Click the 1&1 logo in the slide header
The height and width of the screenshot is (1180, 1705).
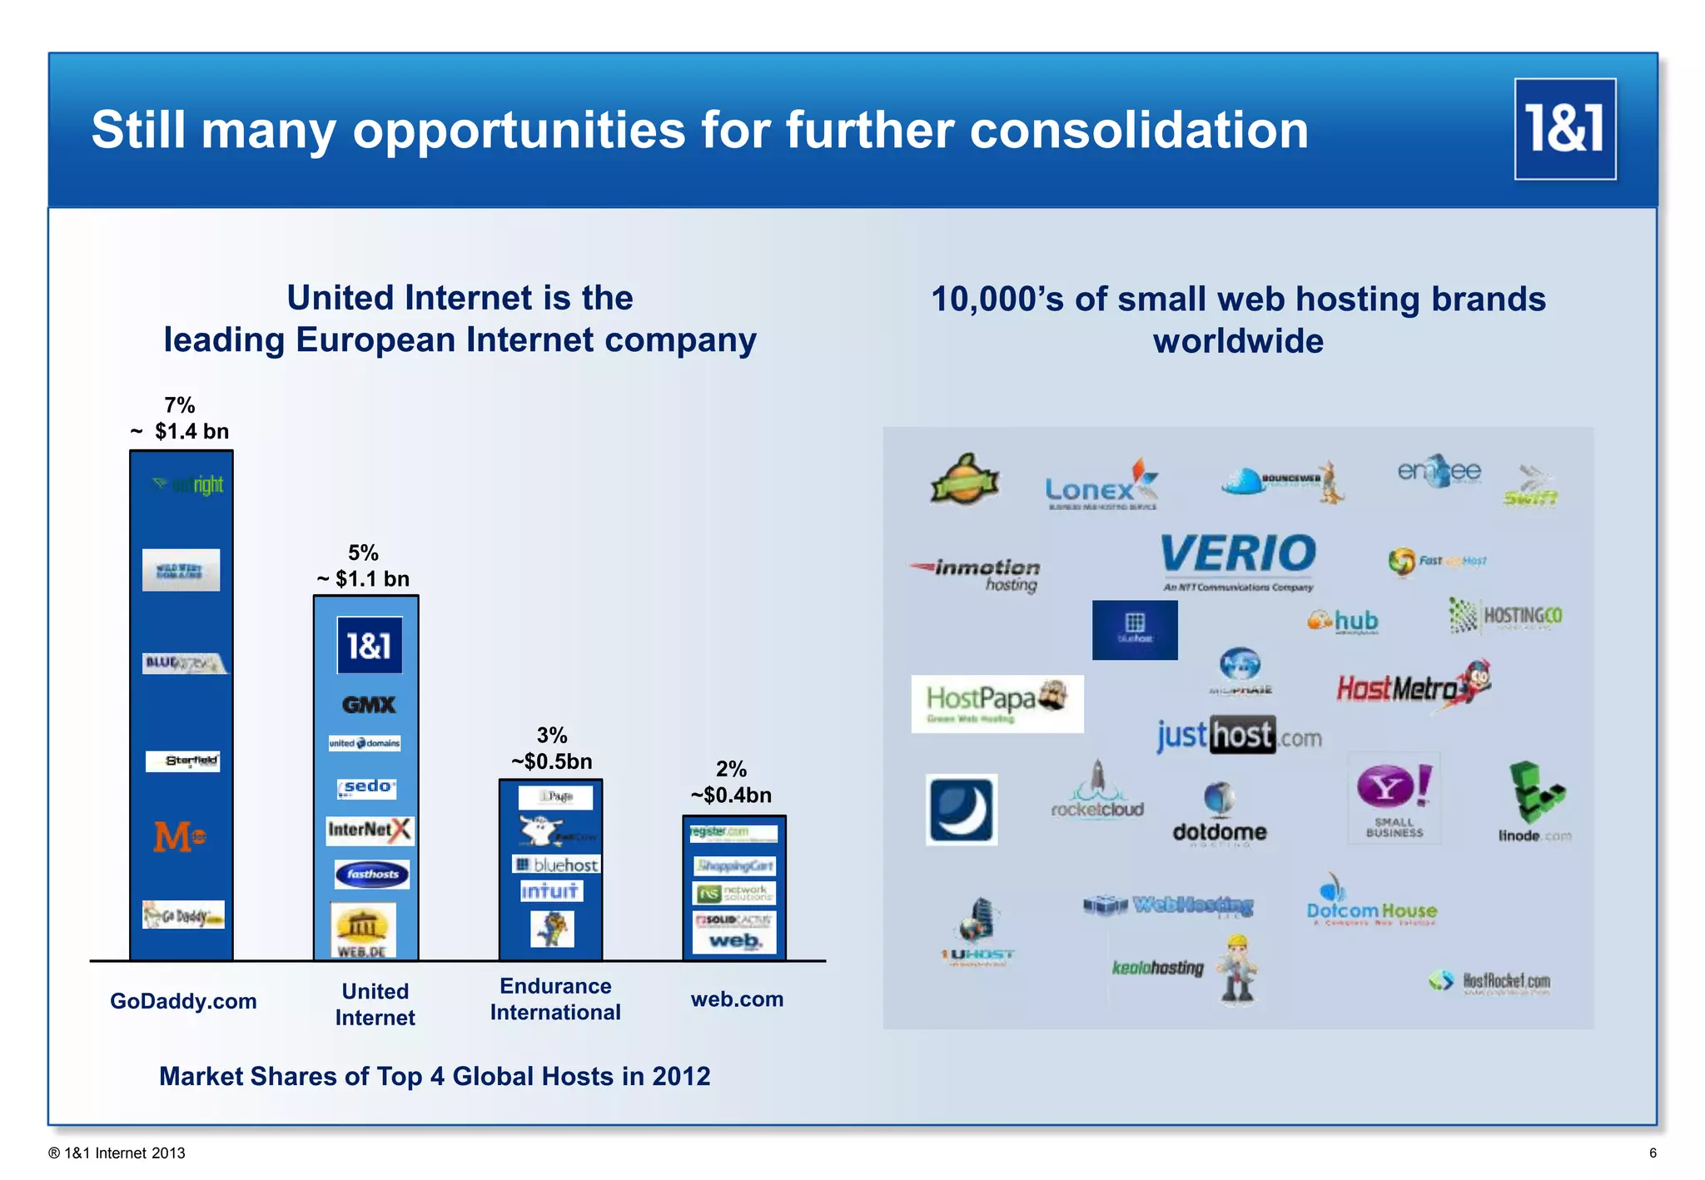(x=1564, y=129)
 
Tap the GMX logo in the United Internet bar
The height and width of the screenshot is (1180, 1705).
(x=368, y=705)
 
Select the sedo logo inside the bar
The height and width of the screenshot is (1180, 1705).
(x=367, y=786)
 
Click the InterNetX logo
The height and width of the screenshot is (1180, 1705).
(x=369, y=830)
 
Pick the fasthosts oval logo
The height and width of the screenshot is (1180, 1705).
(x=372, y=874)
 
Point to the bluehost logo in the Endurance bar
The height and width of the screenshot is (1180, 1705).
(x=556, y=865)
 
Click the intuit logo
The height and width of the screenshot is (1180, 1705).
(x=550, y=891)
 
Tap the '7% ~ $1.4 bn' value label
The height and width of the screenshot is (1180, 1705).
(x=180, y=419)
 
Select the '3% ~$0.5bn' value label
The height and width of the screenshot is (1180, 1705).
(x=551, y=748)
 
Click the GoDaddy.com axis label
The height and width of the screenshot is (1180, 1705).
(x=183, y=1000)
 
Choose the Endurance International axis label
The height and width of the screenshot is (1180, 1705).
(x=555, y=999)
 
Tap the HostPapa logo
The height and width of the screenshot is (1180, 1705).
(x=997, y=703)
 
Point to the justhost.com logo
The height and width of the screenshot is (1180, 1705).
(x=1238, y=736)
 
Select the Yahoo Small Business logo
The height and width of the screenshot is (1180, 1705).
(x=1394, y=799)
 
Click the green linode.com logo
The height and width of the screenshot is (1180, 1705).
(x=1534, y=802)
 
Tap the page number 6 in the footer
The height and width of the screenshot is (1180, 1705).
(x=1653, y=1153)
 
